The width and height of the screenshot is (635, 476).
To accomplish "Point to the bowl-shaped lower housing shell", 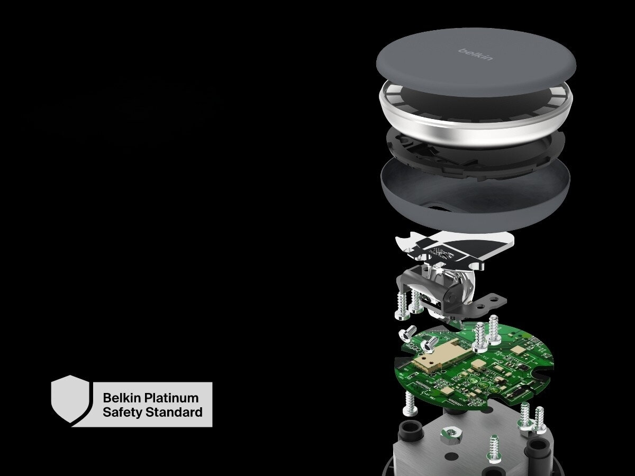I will [x=476, y=201].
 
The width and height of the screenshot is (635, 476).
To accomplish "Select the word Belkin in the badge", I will [x=121, y=398].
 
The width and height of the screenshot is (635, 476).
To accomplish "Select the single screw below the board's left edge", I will [x=410, y=403].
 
